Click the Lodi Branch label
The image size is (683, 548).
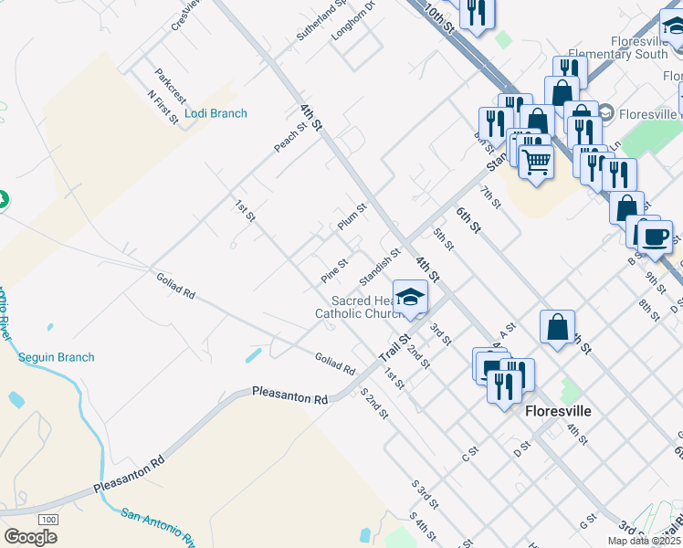tap(215, 113)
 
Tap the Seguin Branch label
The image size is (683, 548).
tap(57, 357)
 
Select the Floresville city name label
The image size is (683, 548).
tap(558, 411)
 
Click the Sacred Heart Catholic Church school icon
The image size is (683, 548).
tap(411, 298)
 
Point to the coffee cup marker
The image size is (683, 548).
tap(654, 238)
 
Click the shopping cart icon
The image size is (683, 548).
tap(536, 162)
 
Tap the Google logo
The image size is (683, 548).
tap(30, 537)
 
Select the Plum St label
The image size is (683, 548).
tap(352, 216)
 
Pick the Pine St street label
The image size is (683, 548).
tap(334, 270)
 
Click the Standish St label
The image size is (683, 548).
tap(380, 266)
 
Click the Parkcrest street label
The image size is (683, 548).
tap(170, 82)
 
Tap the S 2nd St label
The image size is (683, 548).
tap(374, 404)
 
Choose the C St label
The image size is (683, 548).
tap(471, 451)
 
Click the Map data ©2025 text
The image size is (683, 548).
tap(645, 541)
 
